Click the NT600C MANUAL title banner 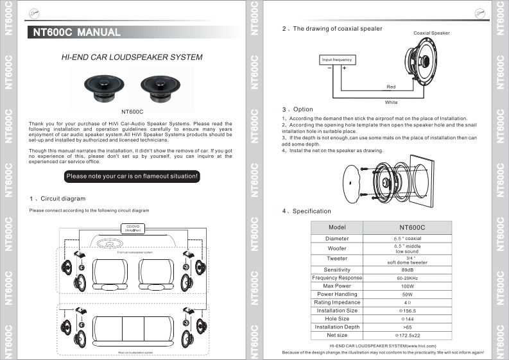pos(80,32)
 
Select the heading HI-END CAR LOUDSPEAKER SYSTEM pos(132,57)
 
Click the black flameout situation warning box pos(133,176)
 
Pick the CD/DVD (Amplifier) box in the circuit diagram pos(132,227)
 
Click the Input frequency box pos(336,60)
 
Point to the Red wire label pos(391,87)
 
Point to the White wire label pos(391,102)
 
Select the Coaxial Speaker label pos(431,33)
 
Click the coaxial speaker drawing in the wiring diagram pos(424,64)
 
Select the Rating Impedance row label pos(337,302)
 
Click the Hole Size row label pos(337,318)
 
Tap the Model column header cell pos(337,227)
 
